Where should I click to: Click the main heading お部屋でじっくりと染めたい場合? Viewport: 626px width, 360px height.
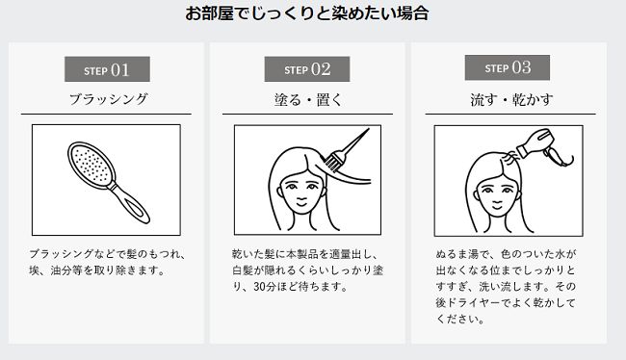(307, 13)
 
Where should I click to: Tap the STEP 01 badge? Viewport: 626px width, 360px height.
(108, 69)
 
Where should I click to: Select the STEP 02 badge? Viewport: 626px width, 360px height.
(307, 69)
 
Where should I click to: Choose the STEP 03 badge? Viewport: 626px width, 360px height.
(507, 67)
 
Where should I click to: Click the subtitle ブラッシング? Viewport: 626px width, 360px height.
(109, 99)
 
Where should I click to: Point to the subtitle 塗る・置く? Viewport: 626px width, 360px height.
(308, 100)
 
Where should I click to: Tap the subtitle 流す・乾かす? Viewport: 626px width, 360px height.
(511, 100)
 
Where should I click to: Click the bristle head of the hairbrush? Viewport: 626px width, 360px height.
(91, 164)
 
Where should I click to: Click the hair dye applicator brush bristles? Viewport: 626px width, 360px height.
(332, 161)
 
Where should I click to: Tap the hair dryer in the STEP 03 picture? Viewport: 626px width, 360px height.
(544, 146)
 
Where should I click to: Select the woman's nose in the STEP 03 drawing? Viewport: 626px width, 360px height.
(498, 194)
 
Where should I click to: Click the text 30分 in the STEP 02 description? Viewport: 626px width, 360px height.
(265, 287)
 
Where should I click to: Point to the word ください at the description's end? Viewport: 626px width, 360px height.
(456, 320)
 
